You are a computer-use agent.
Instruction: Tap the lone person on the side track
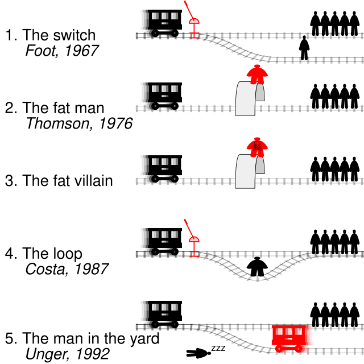tap(305, 48)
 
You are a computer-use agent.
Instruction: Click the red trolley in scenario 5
tap(290, 338)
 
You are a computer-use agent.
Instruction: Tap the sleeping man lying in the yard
tap(199, 353)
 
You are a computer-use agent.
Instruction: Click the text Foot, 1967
tap(62, 51)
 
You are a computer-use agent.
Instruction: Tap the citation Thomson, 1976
tap(79, 123)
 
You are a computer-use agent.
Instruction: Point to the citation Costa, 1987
tap(67, 268)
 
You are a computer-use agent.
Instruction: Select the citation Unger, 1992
tap(67, 354)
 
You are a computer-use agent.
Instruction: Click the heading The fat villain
tap(67, 181)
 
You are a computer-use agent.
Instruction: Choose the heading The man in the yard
tap(91, 338)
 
